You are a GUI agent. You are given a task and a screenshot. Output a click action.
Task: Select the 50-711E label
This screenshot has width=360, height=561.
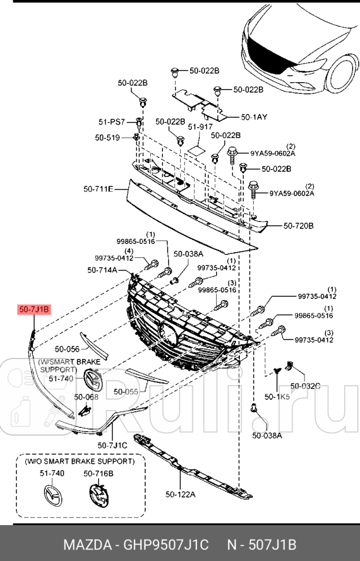tap(98, 189)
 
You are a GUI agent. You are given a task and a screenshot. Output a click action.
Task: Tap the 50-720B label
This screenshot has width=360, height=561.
tap(298, 226)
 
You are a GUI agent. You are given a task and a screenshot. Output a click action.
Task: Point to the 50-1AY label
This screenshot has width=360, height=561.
tap(254, 116)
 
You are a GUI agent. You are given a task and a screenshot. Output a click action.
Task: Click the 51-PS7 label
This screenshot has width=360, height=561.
tap(112, 121)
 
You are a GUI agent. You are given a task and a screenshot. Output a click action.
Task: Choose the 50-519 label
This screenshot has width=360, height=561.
tap(107, 138)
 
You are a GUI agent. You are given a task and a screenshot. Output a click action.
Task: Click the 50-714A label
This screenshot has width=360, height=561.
tap(102, 270)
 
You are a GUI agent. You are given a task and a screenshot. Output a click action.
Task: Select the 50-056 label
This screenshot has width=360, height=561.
tap(67, 349)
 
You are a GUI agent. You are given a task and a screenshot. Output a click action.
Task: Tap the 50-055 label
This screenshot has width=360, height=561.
tap(125, 392)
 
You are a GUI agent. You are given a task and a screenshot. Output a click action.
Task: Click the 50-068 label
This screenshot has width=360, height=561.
tap(86, 397)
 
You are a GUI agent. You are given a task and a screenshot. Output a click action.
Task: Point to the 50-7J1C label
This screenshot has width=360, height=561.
tap(113, 445)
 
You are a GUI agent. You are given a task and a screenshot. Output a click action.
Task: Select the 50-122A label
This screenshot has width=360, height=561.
tap(180, 494)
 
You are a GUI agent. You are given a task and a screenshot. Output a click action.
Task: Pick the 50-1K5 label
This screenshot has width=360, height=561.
tap(276, 397)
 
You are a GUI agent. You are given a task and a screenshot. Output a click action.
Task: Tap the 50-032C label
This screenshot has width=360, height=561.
tap(305, 385)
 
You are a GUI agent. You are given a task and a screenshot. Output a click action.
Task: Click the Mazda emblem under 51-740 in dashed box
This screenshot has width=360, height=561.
tap(52, 497)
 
